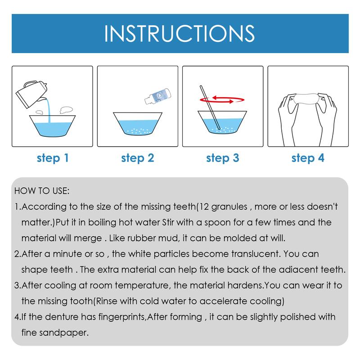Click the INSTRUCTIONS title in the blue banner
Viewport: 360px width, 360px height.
pyautogui.click(x=180, y=34)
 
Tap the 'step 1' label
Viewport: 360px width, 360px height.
pyautogui.click(x=52, y=158)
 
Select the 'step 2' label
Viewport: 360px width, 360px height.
pyautogui.click(x=137, y=158)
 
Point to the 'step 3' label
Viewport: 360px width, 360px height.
pyautogui.click(x=222, y=158)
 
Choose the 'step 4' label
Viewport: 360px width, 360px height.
pyautogui.click(x=308, y=158)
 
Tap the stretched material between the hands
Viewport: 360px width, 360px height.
pyautogui.click(x=308, y=99)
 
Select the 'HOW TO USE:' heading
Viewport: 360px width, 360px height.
pyautogui.click(x=42, y=191)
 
